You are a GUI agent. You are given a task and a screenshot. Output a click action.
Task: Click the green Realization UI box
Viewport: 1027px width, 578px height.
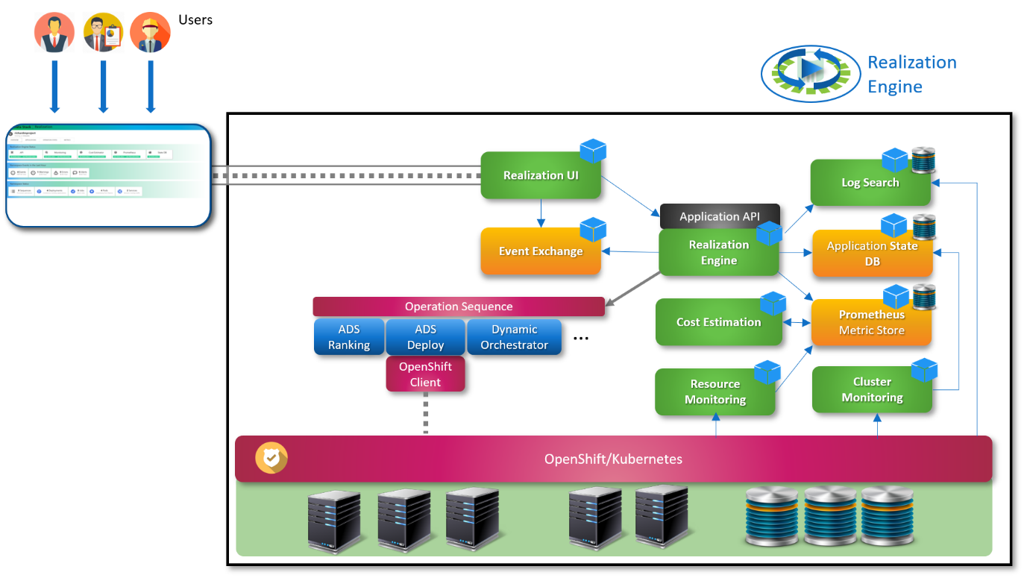[541, 176]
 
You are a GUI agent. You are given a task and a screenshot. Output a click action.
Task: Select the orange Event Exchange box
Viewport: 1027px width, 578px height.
[541, 251]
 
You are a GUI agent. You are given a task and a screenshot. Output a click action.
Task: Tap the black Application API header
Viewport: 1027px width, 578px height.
[719, 217]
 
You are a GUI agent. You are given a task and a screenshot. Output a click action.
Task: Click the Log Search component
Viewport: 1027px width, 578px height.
[870, 183]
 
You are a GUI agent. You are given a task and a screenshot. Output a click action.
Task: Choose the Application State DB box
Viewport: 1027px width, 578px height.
[872, 254]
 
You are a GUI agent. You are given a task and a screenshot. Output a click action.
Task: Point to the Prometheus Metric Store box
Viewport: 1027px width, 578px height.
[871, 323]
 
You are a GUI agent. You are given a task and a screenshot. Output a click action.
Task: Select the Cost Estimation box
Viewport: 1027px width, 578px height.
[718, 322]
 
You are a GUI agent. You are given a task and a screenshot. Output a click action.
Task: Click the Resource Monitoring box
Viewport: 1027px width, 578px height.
[714, 392]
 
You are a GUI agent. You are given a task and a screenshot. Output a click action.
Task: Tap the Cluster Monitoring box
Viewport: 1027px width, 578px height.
[872, 389]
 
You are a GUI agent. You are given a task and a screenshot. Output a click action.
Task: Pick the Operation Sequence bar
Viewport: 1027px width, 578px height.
[458, 307]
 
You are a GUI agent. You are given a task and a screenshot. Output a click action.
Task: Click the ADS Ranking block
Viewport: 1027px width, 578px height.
[349, 337]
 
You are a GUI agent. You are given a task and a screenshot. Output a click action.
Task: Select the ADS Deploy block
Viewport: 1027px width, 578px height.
[425, 337]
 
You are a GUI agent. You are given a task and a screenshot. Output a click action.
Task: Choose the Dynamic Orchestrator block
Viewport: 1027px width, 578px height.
[514, 337]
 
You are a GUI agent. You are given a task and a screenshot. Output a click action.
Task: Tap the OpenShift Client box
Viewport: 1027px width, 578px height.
[425, 374]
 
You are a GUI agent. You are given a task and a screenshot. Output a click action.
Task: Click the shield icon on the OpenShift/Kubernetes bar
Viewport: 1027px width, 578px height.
[271, 459]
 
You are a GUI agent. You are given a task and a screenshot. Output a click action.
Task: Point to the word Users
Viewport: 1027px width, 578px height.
[195, 20]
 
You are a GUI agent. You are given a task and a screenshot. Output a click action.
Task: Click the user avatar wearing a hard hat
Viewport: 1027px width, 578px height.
[151, 34]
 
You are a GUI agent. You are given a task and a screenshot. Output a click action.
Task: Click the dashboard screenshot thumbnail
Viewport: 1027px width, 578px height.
[108, 176]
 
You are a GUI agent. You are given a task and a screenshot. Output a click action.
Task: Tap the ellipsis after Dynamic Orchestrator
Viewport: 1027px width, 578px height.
[581, 339]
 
